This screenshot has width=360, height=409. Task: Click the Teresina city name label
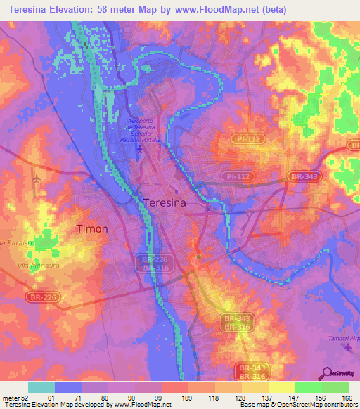[x=165, y=202]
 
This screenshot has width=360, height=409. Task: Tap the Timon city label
[x=91, y=228]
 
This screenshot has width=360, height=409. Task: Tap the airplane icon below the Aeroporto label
[x=140, y=149]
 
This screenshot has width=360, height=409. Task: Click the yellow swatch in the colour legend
[x=281, y=387]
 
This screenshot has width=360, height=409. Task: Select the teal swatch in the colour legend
[x=41, y=387]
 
